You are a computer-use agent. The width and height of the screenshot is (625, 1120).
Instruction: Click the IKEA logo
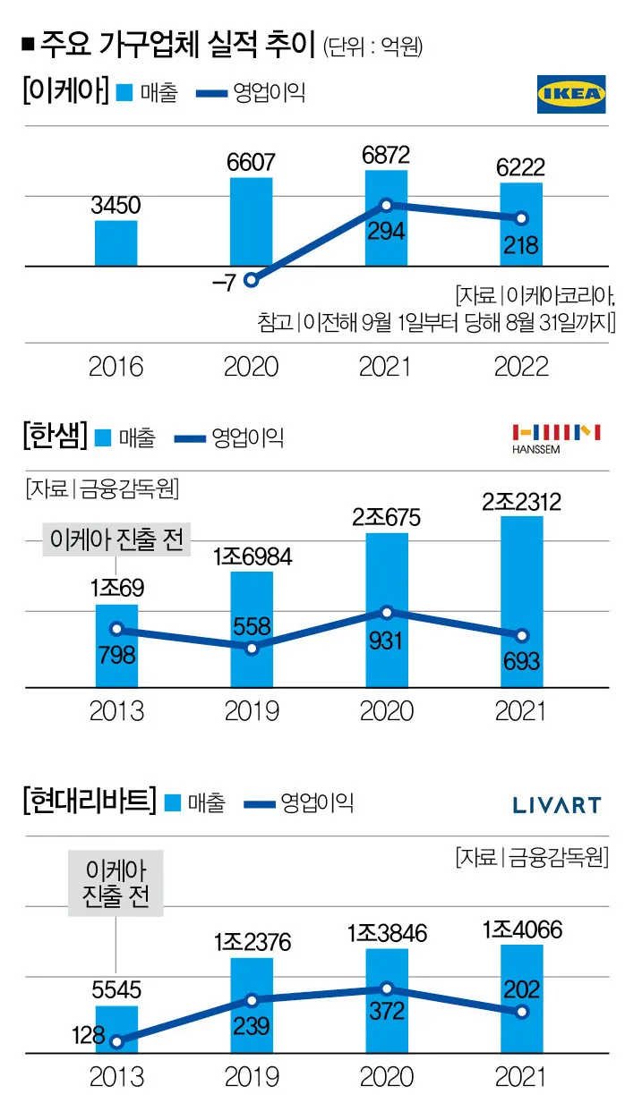coord(570,94)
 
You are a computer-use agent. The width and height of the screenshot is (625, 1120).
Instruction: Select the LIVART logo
coord(556,805)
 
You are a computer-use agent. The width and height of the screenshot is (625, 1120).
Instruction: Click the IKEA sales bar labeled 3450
coord(116,243)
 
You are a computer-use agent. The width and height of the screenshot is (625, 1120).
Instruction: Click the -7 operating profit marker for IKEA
coord(252,280)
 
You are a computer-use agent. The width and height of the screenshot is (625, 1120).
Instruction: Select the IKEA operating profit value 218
coord(520,244)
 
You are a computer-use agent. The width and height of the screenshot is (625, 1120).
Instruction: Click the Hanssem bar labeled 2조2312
coord(521,601)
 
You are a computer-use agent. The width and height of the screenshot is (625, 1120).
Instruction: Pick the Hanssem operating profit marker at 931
coord(386,613)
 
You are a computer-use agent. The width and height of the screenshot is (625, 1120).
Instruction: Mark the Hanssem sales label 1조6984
coord(252,557)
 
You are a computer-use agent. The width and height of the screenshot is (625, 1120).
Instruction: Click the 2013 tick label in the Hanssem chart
coord(116,710)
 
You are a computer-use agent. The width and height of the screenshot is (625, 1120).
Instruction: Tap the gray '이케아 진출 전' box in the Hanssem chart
coord(117,540)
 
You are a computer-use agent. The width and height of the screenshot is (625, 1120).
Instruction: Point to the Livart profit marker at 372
coord(386,988)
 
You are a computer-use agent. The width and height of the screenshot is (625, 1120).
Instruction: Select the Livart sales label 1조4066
coord(521,929)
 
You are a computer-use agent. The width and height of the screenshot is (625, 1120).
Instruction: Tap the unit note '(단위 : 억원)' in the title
coord(372,47)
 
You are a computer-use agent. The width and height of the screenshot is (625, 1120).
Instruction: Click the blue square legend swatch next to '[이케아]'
coord(124,92)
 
